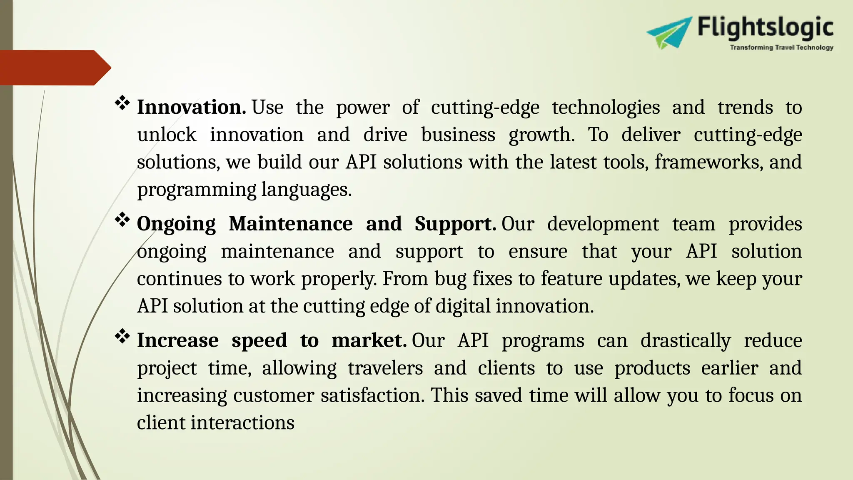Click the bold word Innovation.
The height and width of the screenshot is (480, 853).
(191, 107)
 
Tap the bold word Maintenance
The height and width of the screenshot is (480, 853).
(290, 224)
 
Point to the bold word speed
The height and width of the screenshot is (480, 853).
(259, 341)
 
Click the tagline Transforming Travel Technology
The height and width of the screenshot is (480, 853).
(781, 48)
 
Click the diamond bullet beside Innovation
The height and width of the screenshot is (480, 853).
(122, 103)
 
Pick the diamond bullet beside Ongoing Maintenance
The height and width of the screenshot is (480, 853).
(122, 220)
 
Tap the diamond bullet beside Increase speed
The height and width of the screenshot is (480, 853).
(122, 336)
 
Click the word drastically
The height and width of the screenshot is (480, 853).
(686, 341)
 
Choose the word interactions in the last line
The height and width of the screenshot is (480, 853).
(242, 423)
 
